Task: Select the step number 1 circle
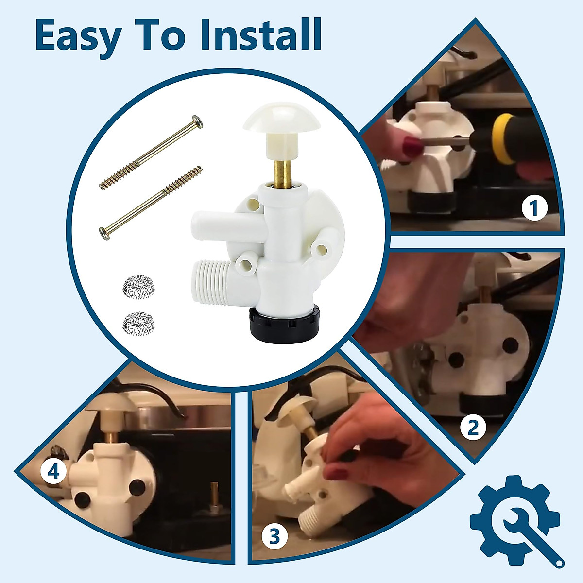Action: (534, 208)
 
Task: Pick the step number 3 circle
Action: (274, 537)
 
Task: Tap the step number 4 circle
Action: (53, 471)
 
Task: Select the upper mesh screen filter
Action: (138, 287)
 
